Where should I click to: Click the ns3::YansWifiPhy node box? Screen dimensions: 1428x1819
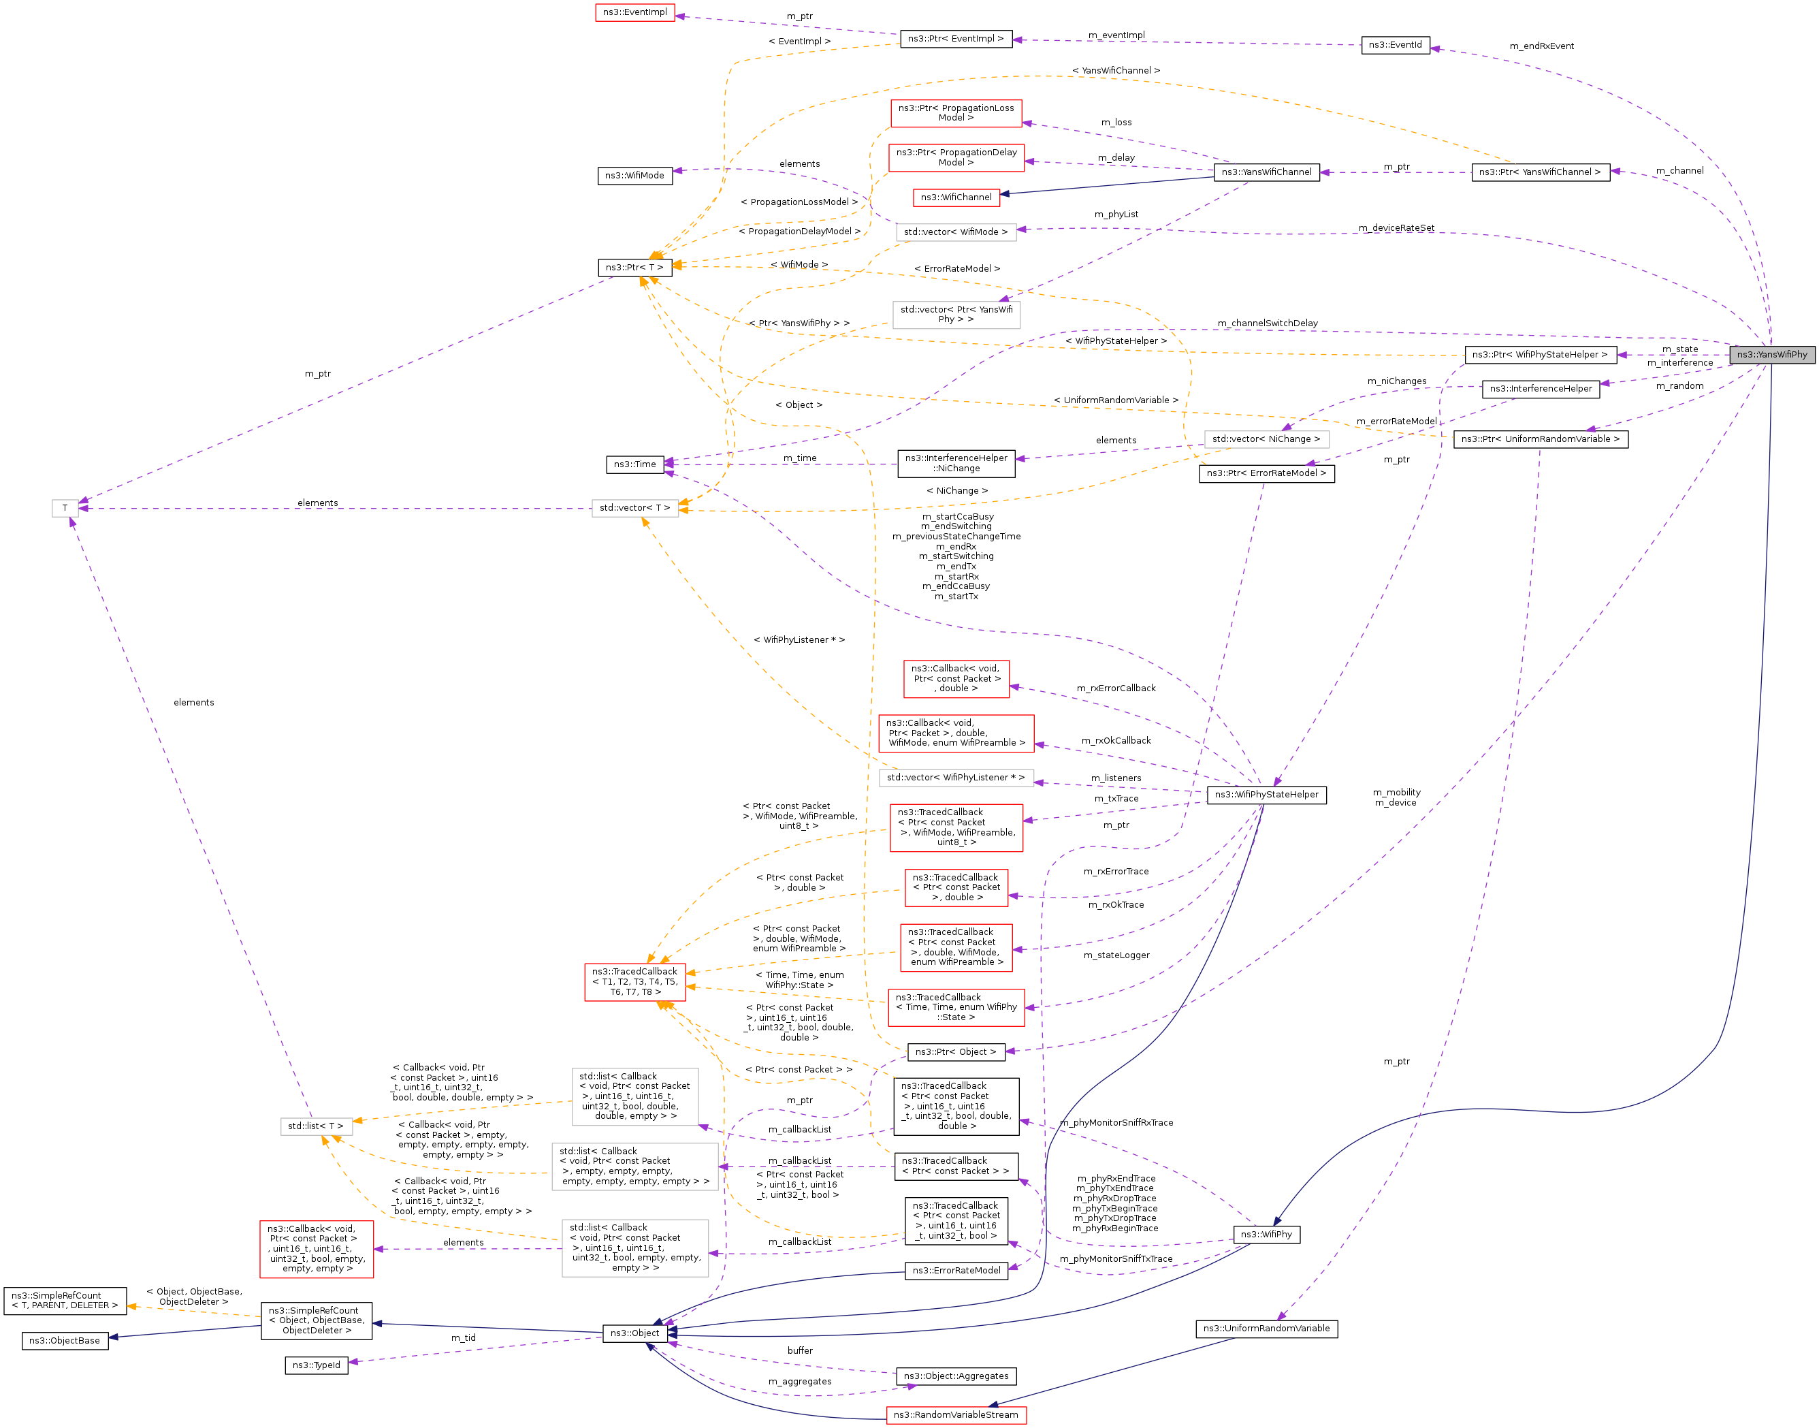click(1771, 355)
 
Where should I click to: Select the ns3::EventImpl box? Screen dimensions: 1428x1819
click(634, 12)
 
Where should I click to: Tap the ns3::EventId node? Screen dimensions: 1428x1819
click(1394, 45)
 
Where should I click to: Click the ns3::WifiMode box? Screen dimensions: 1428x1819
click(634, 176)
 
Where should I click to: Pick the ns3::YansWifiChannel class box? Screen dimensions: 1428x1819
click(1266, 172)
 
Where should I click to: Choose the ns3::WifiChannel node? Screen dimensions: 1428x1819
click(956, 197)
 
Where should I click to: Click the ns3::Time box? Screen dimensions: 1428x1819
click(634, 464)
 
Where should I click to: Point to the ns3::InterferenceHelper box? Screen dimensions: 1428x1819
click(1540, 389)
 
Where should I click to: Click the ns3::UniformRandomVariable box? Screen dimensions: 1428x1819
click(1266, 1329)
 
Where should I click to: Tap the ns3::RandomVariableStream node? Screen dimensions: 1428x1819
click(956, 1414)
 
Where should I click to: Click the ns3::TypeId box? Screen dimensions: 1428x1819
click(316, 1365)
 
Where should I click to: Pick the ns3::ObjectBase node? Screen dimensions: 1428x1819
click(65, 1341)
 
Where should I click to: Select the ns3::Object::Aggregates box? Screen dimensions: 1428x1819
click(956, 1376)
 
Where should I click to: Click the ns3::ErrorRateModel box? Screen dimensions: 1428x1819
click(956, 1271)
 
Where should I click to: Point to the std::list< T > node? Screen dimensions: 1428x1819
click(315, 1126)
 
